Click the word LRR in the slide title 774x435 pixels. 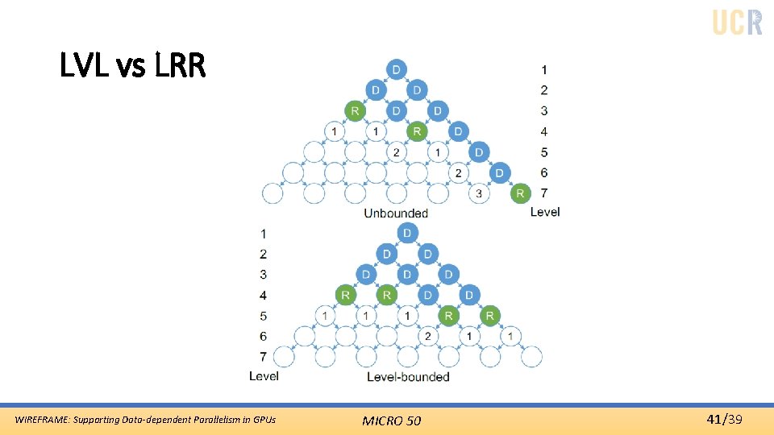point(177,66)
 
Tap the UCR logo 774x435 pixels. point(737,22)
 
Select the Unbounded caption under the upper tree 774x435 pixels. point(396,213)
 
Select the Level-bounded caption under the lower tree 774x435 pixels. point(408,376)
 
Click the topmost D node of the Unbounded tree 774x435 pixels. point(396,69)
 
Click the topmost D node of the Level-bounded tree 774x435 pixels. point(407,234)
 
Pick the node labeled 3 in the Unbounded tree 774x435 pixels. point(479,193)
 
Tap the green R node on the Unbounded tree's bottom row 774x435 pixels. point(520,193)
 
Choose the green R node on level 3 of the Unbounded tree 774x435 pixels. point(354,110)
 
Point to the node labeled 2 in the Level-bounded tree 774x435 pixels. point(427,336)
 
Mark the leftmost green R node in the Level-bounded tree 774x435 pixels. point(345,295)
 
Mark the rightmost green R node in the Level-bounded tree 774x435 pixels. point(489,316)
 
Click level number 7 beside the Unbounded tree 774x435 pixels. point(544,193)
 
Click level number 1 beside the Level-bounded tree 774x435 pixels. point(263,234)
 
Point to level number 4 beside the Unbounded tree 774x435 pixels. point(544,131)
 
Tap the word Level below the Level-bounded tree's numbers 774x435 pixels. point(264,376)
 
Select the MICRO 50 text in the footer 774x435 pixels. point(391,420)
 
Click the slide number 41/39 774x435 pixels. point(724,419)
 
